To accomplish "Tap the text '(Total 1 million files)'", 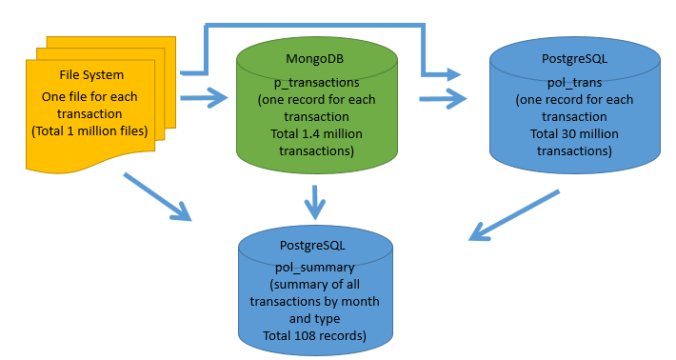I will (89, 130).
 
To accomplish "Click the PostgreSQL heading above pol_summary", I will (313, 245).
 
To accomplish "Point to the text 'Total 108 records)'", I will (313, 336).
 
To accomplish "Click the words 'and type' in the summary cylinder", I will (313, 319).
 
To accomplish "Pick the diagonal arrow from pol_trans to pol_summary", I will (514, 215).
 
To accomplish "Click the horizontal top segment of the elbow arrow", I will (314, 22).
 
